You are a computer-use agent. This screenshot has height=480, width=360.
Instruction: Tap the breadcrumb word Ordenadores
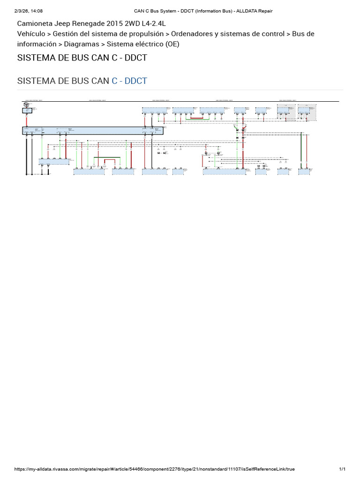(x=196, y=34)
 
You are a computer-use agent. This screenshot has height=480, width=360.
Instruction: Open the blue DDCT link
(x=135, y=81)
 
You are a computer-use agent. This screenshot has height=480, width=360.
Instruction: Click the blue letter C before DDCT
(x=114, y=81)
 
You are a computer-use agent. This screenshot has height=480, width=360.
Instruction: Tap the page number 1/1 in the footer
(x=342, y=469)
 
